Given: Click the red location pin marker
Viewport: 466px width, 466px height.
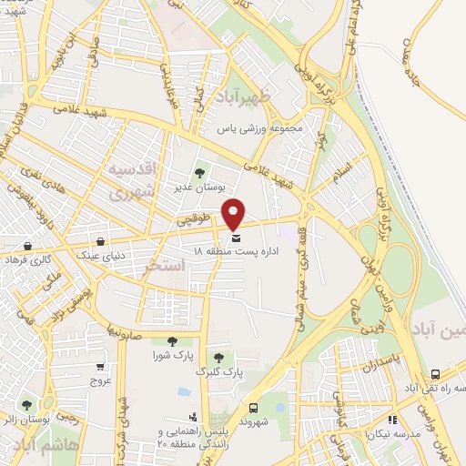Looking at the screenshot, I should [235, 213].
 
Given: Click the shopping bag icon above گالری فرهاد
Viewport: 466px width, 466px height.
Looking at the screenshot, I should [28, 246].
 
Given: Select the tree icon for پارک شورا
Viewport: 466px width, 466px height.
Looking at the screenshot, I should [171, 340].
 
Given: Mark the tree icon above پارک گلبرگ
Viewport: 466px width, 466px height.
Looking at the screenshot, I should [218, 358].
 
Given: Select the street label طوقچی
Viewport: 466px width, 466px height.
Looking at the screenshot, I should [196, 219].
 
